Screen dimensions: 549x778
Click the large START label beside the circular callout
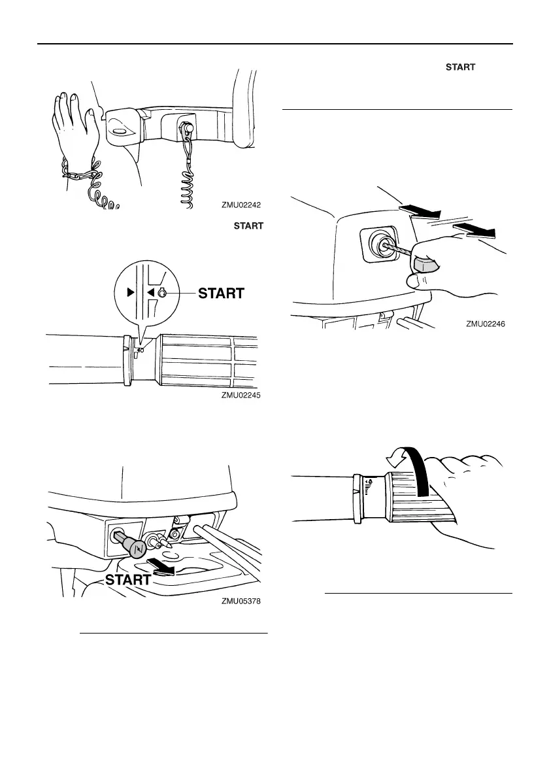pyautogui.click(x=222, y=294)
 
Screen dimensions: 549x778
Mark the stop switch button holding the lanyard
pyautogui.click(x=186, y=127)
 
